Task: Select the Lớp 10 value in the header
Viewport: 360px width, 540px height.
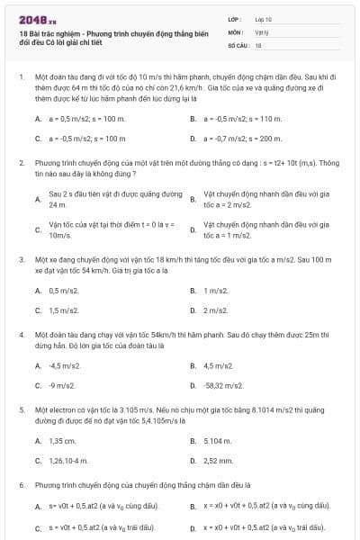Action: tap(264, 19)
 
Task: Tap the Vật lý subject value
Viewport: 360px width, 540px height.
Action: tap(262, 31)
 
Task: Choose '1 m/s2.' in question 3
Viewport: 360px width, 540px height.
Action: tap(216, 291)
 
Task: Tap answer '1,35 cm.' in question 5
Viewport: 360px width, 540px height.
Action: tap(62, 441)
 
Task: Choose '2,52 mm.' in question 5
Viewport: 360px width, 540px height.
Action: tap(218, 461)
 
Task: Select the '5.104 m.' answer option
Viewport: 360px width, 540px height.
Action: tap(218, 441)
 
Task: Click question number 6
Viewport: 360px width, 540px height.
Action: tap(21, 485)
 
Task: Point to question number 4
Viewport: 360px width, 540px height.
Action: tap(21, 334)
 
